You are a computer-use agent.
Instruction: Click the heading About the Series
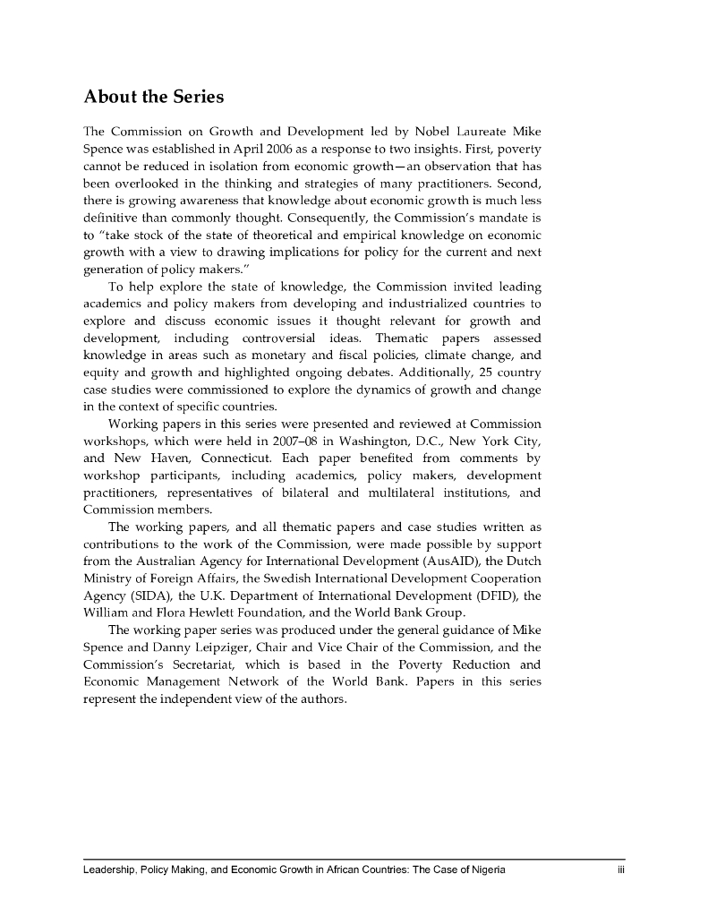point(153,96)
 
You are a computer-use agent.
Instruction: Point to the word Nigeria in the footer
point(486,870)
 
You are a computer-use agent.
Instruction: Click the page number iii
point(618,870)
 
